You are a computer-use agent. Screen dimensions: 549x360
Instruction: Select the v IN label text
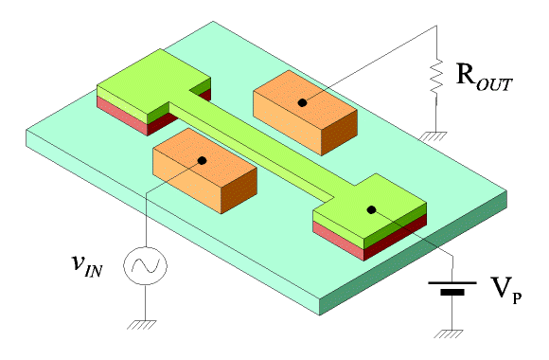[x=87, y=265]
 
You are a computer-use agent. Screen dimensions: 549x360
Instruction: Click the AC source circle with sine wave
[x=145, y=265]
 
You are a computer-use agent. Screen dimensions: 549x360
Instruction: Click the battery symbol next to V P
[x=452, y=287]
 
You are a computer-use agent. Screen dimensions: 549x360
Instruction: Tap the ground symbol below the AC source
[x=142, y=325]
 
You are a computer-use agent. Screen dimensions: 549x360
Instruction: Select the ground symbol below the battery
[x=449, y=334]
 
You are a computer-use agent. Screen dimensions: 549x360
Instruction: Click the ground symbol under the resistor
[x=433, y=136]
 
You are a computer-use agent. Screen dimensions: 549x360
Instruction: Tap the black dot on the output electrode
[x=303, y=102]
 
